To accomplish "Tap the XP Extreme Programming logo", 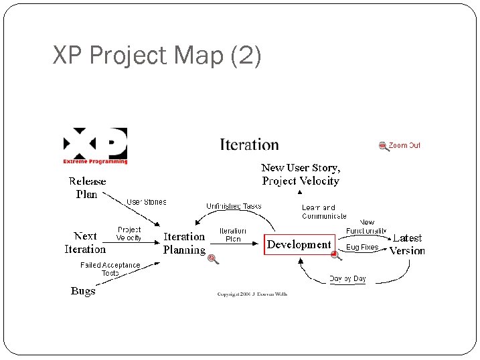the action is point(95,145).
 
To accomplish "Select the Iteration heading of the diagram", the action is point(249,145).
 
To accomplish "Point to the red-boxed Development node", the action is point(299,245).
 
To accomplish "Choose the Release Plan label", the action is point(87,187).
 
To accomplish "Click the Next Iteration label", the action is point(85,242).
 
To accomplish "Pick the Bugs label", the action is point(83,291).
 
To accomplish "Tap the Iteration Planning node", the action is point(184,243).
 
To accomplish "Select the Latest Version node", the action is point(407,244).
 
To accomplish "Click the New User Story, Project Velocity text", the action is point(301,174).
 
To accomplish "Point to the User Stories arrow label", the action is point(147,201).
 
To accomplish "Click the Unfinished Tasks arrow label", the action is point(234,206).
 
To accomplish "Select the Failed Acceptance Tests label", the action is point(110,269).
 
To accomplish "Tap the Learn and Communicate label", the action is point(324,211).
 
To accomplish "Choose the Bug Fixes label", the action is point(362,248).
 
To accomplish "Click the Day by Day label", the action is point(347,279).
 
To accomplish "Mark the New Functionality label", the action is point(366,226).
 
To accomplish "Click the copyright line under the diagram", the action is point(252,294).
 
